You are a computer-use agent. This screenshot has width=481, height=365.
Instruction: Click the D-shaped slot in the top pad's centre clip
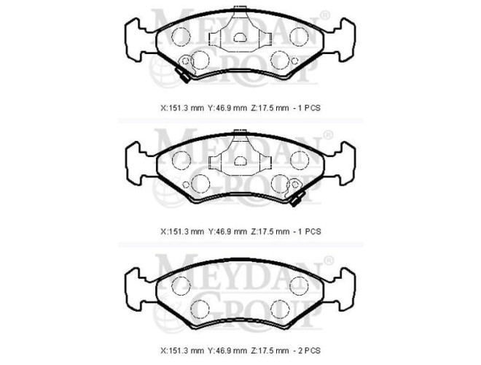[x=240, y=37]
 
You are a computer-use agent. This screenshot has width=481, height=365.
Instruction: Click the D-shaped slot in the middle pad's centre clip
[x=240, y=161]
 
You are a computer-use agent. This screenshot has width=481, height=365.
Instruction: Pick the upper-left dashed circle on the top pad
[x=181, y=36]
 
